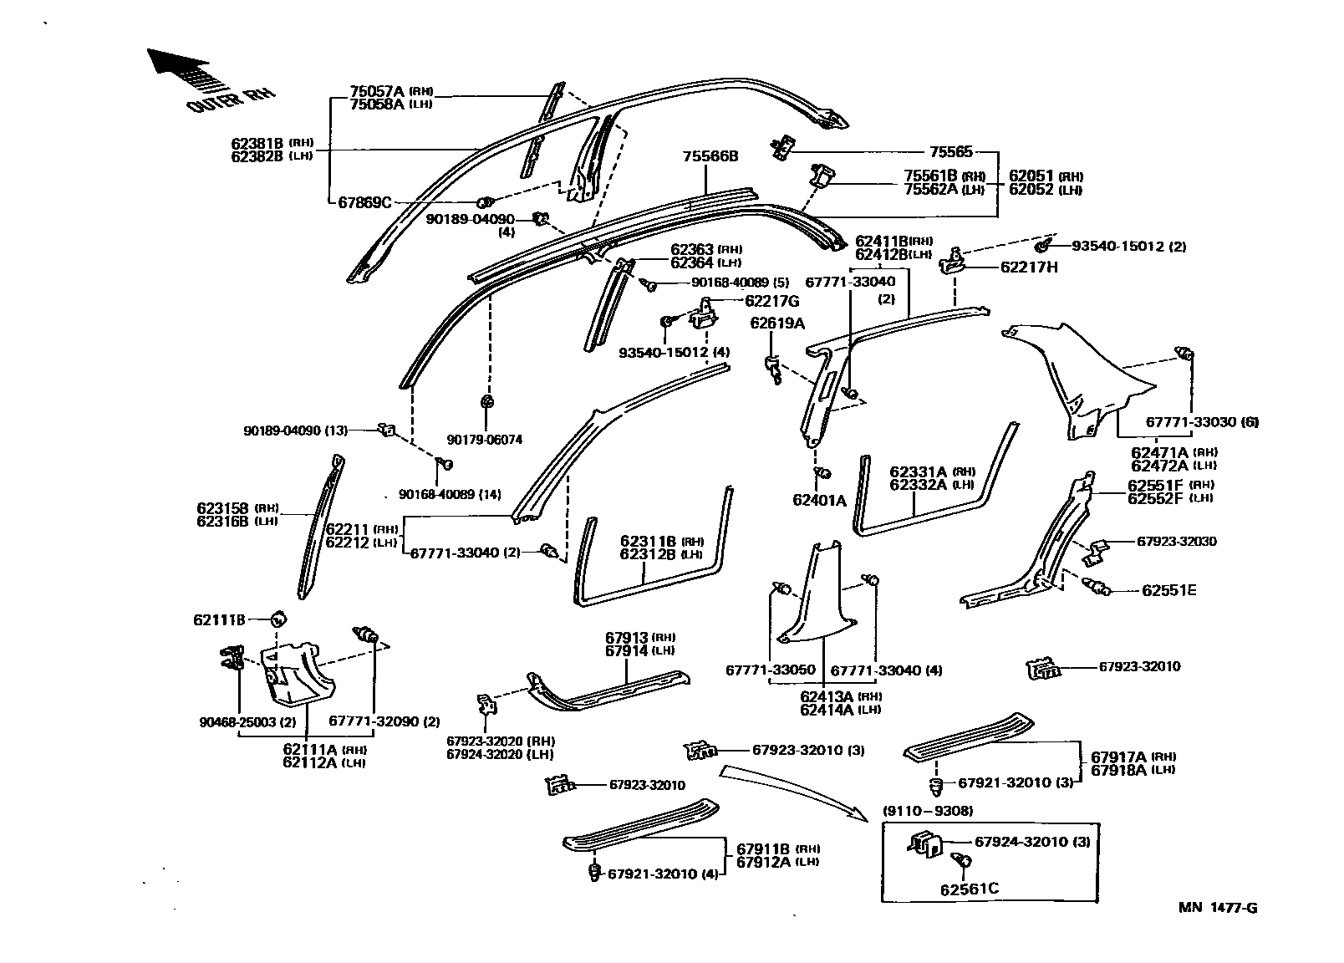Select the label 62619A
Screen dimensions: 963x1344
[x=776, y=323]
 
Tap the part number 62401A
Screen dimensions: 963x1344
[x=819, y=501]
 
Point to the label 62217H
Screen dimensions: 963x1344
[x=1029, y=267]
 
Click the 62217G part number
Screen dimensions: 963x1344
[x=771, y=301]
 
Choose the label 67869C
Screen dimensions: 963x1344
[x=364, y=202]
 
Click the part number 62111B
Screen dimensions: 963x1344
[x=219, y=619]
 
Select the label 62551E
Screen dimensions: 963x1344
[x=1168, y=590]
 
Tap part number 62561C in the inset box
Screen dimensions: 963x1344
[x=970, y=888]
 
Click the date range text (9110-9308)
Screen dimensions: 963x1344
[x=928, y=811]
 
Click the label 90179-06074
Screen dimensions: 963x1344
[x=484, y=440]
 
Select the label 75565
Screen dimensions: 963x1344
[x=950, y=152]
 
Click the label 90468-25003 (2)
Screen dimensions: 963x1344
[x=241, y=721]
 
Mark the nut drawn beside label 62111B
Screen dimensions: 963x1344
[x=277, y=619]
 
